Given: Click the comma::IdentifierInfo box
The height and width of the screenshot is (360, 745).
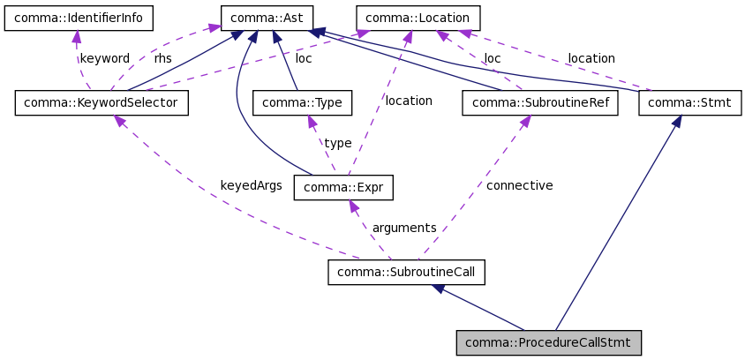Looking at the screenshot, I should tap(78, 18).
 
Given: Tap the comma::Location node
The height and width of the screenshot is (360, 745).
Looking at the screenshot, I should tap(418, 18).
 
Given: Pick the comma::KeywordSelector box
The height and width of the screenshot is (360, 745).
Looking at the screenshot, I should tap(101, 103).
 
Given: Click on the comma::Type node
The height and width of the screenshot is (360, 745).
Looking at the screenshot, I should tap(302, 103).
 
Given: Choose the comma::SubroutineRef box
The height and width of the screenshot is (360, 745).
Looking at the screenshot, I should tap(539, 103).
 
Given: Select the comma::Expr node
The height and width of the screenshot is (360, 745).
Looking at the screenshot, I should tap(342, 187).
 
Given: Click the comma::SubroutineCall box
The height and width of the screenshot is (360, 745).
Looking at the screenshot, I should tap(406, 272).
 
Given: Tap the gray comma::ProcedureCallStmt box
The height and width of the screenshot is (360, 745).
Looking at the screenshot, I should tap(548, 342).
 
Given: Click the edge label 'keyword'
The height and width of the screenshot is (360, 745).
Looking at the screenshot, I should tap(104, 59).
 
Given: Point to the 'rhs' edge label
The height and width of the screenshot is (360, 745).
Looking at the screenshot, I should tap(163, 59).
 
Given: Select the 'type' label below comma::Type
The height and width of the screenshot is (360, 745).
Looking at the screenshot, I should tap(337, 143).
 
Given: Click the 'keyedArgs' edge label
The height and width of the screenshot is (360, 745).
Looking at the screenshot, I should tap(251, 186).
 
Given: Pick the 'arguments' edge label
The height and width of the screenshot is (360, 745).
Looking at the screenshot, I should tap(404, 228).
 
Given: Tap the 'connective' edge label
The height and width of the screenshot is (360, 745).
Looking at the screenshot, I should tap(519, 186).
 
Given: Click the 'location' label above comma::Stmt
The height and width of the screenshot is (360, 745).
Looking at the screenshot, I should tap(591, 59).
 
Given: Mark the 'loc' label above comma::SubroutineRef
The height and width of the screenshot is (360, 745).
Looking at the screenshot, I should tap(492, 59).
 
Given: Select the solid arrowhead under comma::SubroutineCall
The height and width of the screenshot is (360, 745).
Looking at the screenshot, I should tap(439, 289).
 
